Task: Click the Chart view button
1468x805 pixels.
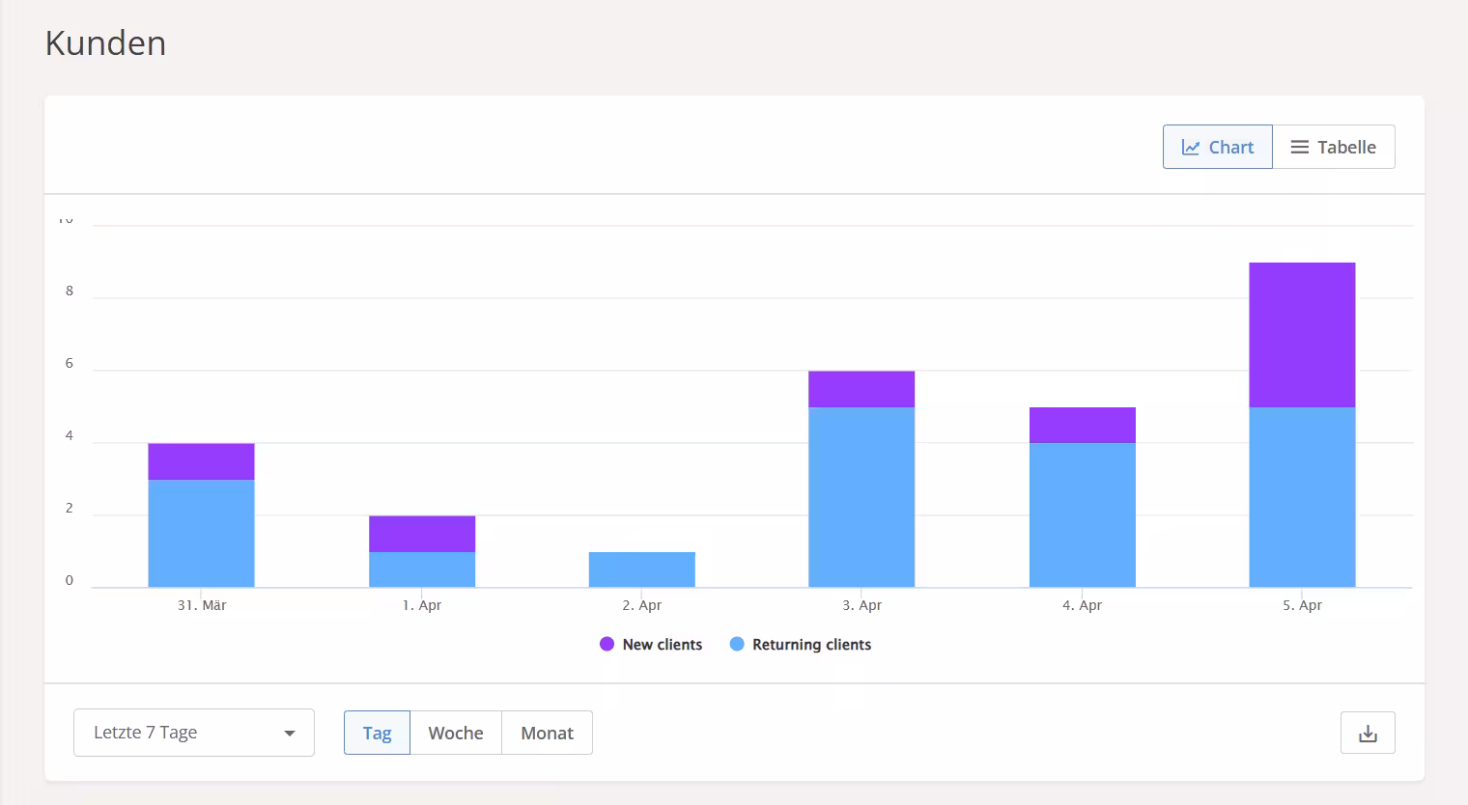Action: coord(1217,147)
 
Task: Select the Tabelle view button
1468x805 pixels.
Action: coord(1333,147)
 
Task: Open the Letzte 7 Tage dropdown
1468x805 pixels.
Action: coord(193,733)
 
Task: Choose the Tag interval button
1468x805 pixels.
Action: coord(377,733)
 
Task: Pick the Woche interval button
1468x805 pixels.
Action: coord(456,733)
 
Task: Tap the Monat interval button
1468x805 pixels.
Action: coord(547,733)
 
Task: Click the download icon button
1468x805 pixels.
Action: coord(1368,733)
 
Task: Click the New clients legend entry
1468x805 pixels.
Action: coord(651,645)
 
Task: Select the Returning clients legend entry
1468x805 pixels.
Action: coord(801,645)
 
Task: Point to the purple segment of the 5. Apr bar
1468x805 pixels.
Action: coord(1302,335)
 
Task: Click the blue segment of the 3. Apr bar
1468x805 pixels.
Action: coord(861,497)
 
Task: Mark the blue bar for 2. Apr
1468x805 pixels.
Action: coord(641,569)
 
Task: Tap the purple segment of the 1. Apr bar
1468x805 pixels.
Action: coord(422,534)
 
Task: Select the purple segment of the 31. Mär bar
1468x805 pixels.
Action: coord(201,461)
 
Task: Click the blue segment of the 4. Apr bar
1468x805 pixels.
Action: coord(1082,514)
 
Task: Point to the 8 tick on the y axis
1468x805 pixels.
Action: coord(70,291)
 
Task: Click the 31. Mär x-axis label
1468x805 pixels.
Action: coord(202,605)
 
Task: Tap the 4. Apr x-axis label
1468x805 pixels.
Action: coord(1082,605)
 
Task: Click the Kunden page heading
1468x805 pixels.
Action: coord(105,43)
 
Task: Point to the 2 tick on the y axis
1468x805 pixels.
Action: coord(70,509)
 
